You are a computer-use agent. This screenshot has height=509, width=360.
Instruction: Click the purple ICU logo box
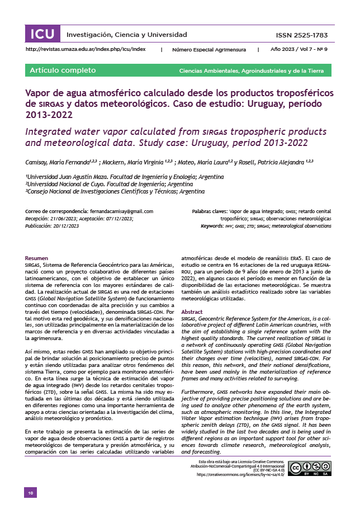pos(42,34)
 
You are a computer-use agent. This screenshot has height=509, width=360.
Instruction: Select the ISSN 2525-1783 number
pos(302,35)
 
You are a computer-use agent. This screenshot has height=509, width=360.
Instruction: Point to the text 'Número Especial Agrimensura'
pos(209,50)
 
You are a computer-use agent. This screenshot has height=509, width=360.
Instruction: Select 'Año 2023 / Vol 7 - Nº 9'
pos(299,50)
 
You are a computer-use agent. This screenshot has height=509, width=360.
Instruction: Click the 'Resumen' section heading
pos(37,258)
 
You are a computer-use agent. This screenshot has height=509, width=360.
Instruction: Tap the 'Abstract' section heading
pos(192,312)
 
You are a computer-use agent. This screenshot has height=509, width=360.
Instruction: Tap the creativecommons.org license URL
pos(240,474)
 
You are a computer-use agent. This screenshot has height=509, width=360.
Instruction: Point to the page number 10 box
pos(31,492)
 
